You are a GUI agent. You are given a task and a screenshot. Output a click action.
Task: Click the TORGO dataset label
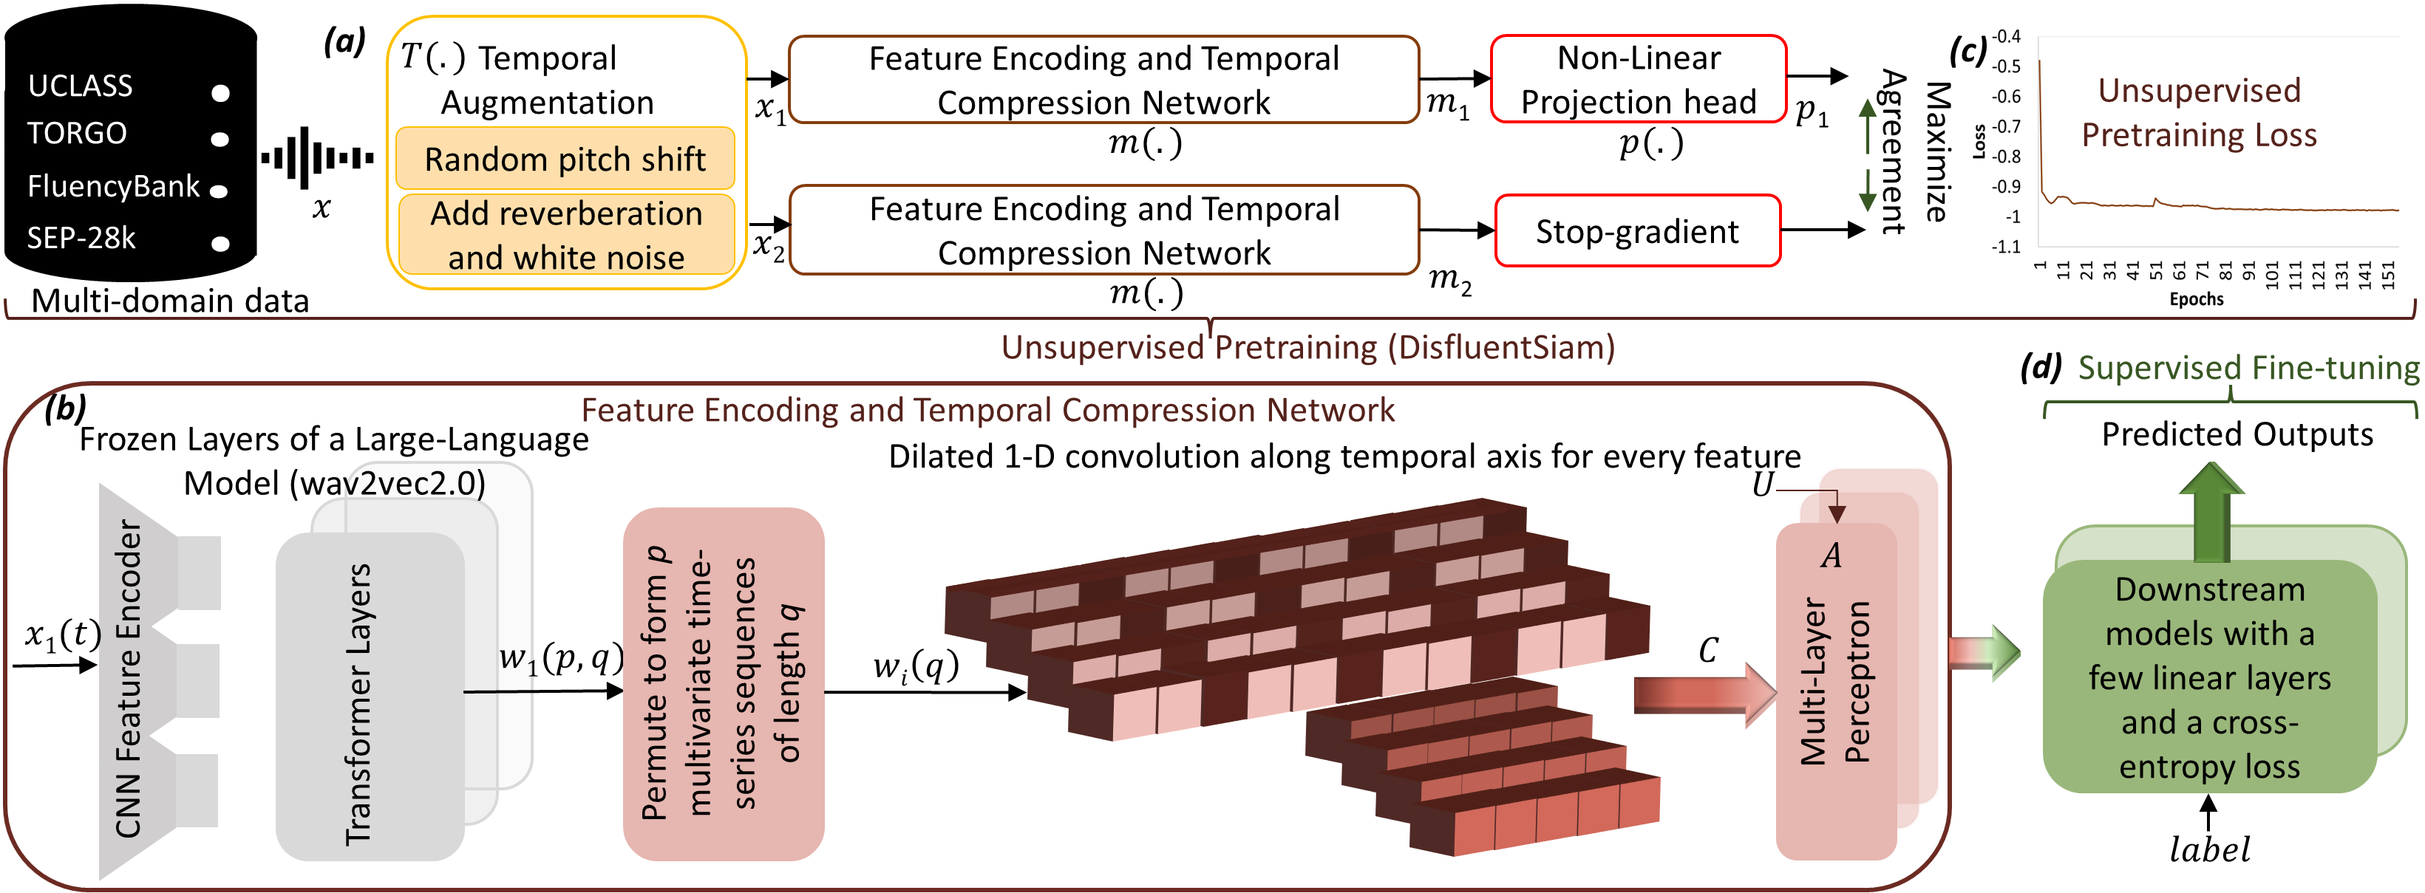click(x=76, y=134)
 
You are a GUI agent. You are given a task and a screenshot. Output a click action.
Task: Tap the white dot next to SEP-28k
click(x=220, y=244)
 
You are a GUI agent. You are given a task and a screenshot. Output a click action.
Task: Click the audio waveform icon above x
click(x=317, y=158)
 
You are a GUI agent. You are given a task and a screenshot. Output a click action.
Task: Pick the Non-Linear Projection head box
click(x=1638, y=80)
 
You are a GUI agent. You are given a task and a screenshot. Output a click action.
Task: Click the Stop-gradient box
click(x=1637, y=231)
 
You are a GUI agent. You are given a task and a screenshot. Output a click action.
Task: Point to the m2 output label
click(x=1449, y=279)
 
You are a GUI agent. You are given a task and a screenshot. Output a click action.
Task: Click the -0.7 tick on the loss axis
click(x=2006, y=126)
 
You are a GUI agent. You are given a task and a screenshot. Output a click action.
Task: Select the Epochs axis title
click(x=2196, y=299)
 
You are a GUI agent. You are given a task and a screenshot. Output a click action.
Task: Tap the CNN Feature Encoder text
click(x=129, y=677)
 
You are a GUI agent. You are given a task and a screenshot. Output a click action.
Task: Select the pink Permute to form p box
click(x=723, y=684)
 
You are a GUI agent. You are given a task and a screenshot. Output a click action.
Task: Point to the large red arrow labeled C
click(x=1704, y=694)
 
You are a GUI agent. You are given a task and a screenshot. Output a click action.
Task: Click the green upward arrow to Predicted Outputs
click(x=2211, y=515)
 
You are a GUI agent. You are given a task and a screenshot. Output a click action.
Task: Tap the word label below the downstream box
click(x=2208, y=849)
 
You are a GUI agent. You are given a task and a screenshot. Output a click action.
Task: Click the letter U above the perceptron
click(x=1761, y=485)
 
